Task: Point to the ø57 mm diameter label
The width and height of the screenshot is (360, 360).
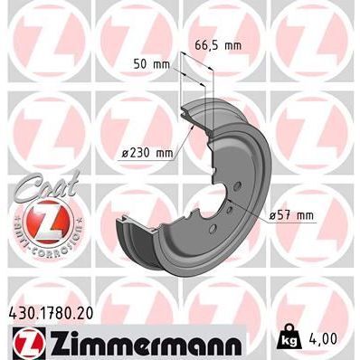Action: click(x=290, y=214)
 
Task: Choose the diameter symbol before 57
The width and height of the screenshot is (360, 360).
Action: click(x=273, y=214)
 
